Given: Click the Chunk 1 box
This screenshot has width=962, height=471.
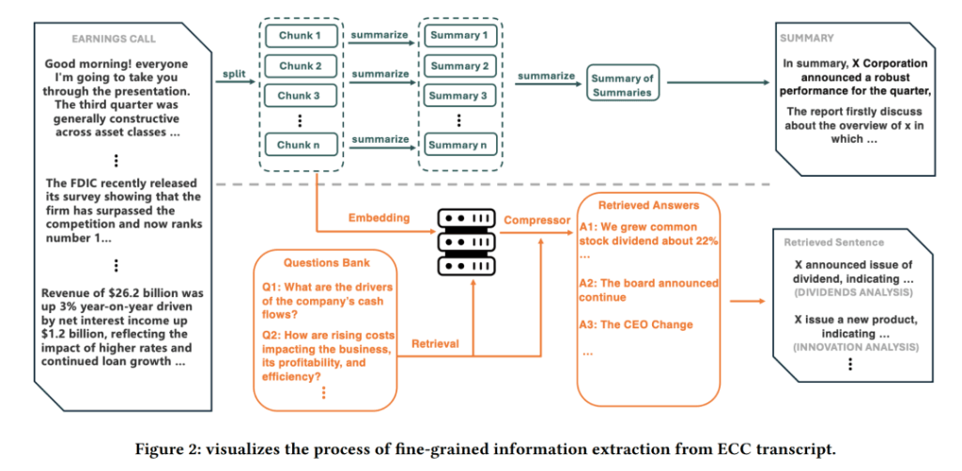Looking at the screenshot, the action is coord(302,37).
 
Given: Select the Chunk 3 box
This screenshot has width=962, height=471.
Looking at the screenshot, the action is coord(302,96).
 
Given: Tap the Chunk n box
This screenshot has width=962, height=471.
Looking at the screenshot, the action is coord(302,145).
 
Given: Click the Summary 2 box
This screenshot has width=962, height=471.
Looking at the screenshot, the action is coord(459,67).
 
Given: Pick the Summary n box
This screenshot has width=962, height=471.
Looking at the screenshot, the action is coord(459,145).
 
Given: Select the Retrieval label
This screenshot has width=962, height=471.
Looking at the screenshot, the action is coord(435,344).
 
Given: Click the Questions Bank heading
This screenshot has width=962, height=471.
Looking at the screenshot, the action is coord(326,263).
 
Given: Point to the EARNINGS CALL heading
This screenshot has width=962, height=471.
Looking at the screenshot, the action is coord(114,39).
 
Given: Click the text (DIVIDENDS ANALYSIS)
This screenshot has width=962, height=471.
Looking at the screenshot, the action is coord(853,293).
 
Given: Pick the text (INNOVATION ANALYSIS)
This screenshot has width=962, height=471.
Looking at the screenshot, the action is coord(852,347).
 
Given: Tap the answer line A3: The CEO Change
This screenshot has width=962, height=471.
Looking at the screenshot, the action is coord(636,325).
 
